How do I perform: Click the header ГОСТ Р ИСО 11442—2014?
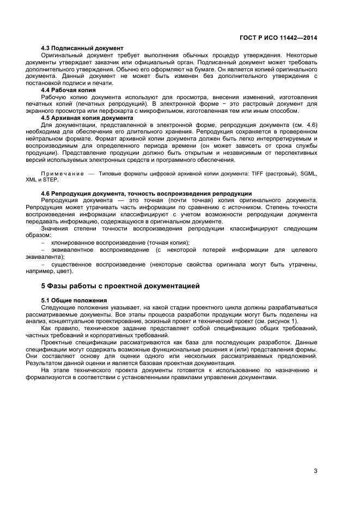tap(278, 38)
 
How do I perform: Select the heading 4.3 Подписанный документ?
tap(82, 48)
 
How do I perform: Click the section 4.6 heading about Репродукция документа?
tap(147, 193)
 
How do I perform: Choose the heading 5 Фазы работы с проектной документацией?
tap(120, 286)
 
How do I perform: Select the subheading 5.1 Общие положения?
tap(74, 300)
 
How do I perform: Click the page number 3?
tap(315, 471)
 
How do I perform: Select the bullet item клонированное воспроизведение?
tap(120, 242)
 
